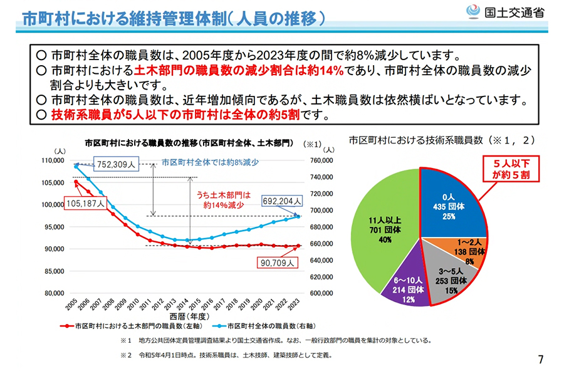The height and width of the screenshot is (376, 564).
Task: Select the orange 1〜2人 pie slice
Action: (466, 251)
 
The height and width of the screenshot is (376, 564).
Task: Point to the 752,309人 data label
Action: (116, 165)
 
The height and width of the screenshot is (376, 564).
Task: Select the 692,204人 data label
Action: (282, 201)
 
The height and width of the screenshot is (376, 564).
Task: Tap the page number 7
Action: (541, 360)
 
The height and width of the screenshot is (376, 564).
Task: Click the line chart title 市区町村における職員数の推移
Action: (188, 143)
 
